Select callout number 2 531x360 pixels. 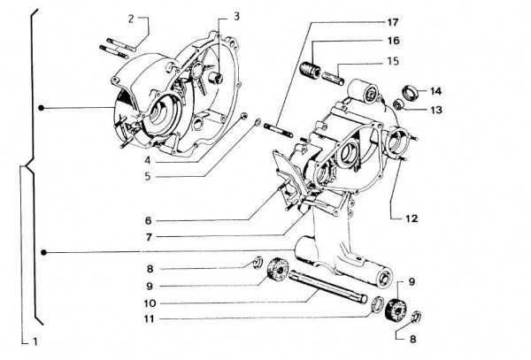[130, 18]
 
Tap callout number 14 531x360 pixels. [436, 91]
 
